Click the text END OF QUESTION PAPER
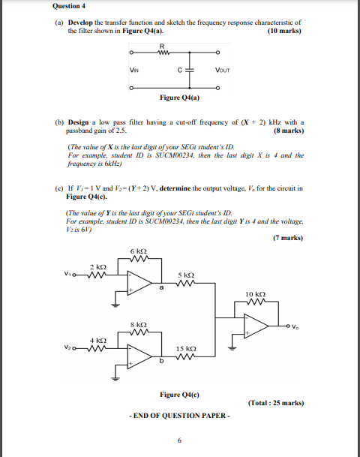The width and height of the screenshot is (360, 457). pos(179,414)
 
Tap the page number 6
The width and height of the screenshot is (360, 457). pos(179,440)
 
